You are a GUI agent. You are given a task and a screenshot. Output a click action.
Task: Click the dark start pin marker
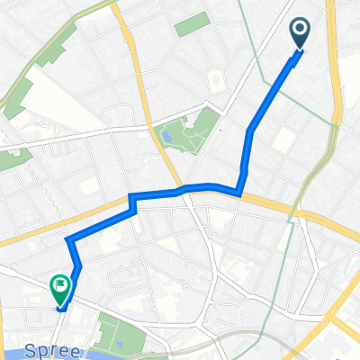301,33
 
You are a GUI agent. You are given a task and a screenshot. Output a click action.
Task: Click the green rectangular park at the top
192,24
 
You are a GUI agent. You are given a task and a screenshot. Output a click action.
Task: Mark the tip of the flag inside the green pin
65,287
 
